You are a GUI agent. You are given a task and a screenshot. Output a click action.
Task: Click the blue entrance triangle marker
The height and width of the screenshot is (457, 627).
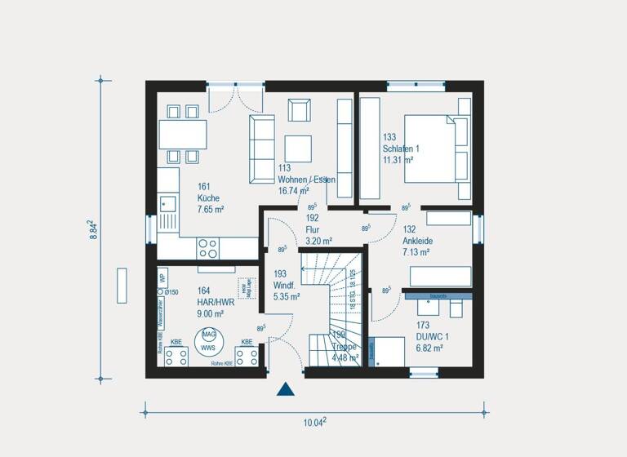[x=285, y=388]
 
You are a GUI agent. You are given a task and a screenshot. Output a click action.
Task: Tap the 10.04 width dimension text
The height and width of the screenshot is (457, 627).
[x=314, y=422]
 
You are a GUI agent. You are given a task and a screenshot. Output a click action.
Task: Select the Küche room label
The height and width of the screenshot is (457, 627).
[x=208, y=198]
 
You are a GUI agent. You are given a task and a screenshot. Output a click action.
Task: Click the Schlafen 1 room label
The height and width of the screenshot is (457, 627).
[x=400, y=149]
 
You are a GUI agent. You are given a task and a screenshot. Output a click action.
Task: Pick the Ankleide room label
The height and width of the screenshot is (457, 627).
[x=416, y=242]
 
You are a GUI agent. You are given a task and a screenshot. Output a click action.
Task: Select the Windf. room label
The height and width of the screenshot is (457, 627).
[x=287, y=286]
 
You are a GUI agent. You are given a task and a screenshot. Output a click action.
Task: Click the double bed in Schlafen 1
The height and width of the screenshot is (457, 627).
[x=438, y=149]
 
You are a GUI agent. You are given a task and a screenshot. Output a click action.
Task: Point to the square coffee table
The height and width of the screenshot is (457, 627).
[x=299, y=148]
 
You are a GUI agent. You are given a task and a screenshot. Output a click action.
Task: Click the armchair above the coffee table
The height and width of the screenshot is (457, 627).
[x=299, y=110]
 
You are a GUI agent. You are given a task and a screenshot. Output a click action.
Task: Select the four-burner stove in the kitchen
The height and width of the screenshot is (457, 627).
[x=208, y=246]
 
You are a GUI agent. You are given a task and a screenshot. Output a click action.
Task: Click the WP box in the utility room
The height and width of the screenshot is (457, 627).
[x=162, y=276]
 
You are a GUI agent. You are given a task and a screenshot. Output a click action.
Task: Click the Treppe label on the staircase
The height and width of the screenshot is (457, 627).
[x=343, y=346]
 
